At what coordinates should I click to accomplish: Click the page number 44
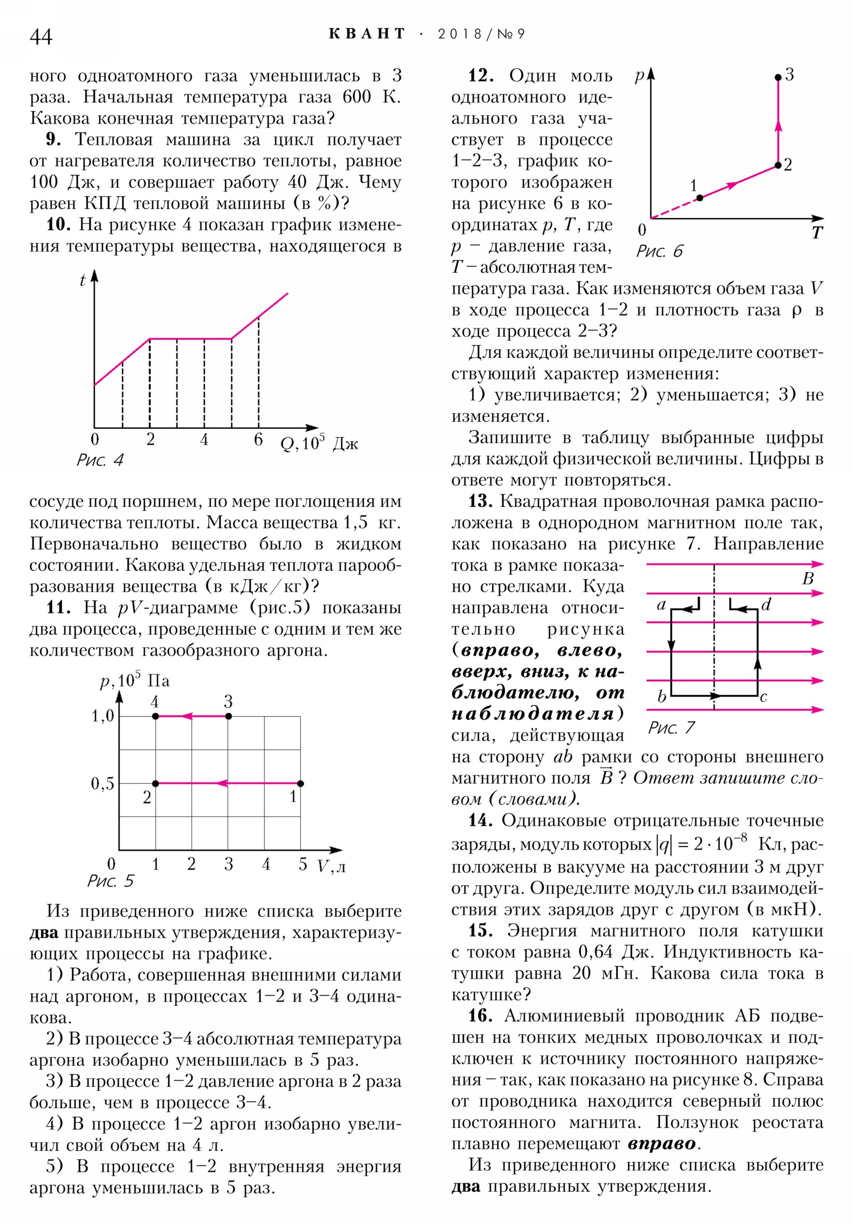(41, 36)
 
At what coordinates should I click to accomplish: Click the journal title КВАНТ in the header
(367, 34)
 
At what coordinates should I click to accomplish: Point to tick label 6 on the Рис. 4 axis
(258, 439)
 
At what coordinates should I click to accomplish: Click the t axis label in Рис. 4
(82, 280)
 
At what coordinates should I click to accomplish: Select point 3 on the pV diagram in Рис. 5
(229, 716)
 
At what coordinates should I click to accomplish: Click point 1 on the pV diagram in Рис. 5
(300, 784)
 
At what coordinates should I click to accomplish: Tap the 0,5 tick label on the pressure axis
(102, 784)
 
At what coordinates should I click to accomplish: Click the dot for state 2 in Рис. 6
(778, 166)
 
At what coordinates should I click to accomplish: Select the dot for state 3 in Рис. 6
(778, 77)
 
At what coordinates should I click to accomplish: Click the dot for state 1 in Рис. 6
(699, 198)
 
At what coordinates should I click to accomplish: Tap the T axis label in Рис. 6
(817, 233)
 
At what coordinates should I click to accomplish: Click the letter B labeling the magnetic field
(808, 578)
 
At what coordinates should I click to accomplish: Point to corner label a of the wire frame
(661, 605)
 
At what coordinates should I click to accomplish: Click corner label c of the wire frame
(763, 697)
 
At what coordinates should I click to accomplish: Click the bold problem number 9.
(53, 139)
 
